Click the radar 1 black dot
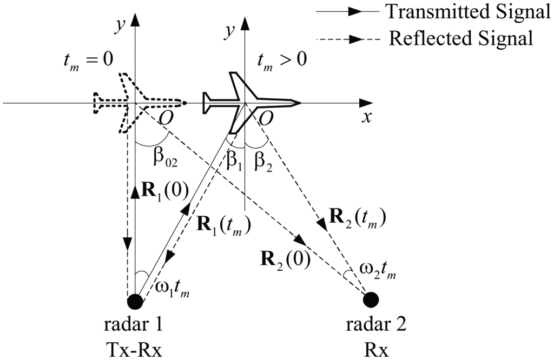point(135,302)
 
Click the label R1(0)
point(162,192)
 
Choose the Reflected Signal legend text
point(461,38)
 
